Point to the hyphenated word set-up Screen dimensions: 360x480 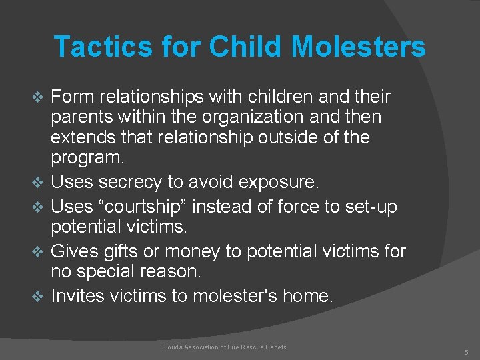(370, 207)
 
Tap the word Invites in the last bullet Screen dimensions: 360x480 (77, 295)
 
